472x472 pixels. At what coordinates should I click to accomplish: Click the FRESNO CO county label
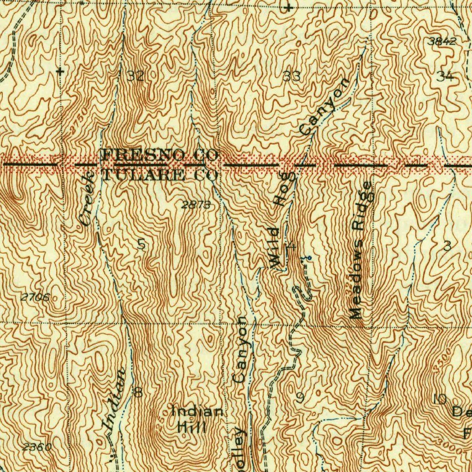click(159, 154)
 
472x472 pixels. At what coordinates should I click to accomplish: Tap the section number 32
click(135, 76)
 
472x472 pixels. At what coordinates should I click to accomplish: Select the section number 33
click(291, 76)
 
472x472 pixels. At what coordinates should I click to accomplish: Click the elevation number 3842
click(442, 41)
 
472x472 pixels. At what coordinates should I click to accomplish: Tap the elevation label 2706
click(35, 297)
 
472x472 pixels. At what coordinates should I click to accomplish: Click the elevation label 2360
click(36, 447)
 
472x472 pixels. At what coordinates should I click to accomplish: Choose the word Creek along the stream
click(87, 198)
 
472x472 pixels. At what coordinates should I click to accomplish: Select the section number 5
click(142, 245)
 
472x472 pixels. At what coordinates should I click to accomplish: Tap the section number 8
click(137, 392)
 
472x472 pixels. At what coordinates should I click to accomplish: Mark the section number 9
click(300, 397)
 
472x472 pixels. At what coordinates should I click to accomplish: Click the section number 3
click(446, 246)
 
